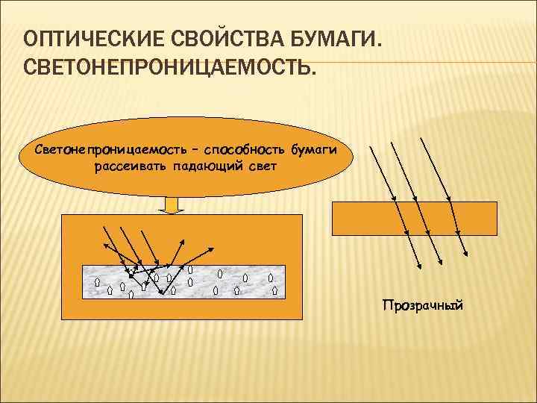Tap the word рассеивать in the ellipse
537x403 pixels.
(x=128, y=166)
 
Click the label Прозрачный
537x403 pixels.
(x=422, y=305)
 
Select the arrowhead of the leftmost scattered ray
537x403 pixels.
(x=104, y=246)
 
